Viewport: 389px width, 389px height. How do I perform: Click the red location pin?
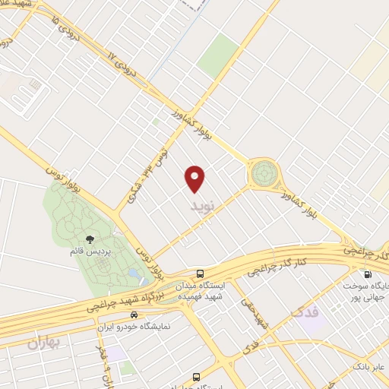pos(195,177)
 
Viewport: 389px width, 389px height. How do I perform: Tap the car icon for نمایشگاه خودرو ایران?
pos(134,314)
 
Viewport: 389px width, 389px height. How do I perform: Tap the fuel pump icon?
pos(368,275)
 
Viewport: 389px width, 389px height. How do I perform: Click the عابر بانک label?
pos(367,368)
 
